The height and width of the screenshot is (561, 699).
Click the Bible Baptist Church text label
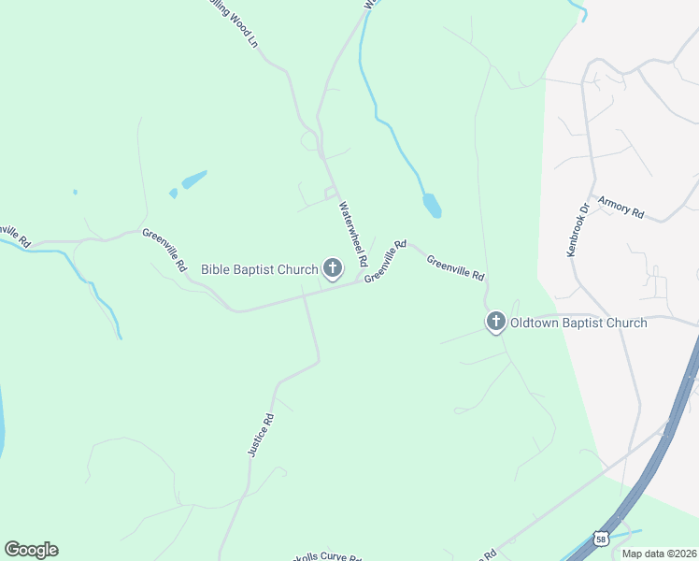pos(260,270)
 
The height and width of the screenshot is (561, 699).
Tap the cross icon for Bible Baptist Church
pos(332,269)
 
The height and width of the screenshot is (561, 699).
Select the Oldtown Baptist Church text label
pos(578,324)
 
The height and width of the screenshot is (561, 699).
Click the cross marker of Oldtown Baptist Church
pos(495,323)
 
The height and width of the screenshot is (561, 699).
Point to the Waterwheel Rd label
pos(352,234)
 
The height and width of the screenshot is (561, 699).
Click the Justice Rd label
pos(261,435)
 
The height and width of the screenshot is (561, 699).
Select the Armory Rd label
pos(621,208)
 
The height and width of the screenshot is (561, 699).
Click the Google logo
pos(31,550)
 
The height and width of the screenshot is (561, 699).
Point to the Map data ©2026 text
pos(659,554)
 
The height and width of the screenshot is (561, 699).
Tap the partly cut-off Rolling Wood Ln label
pos(235,22)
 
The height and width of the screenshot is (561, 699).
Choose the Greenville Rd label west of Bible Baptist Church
pos(164,250)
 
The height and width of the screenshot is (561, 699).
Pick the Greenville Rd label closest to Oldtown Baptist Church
pos(456,268)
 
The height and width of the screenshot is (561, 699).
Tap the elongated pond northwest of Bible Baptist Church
pos(193,179)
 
